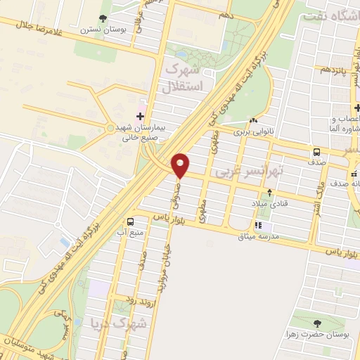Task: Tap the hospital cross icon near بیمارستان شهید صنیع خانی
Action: (x=140, y=115)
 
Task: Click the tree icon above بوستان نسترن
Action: (x=103, y=18)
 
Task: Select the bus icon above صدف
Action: (x=316, y=152)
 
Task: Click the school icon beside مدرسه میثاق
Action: (x=257, y=226)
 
